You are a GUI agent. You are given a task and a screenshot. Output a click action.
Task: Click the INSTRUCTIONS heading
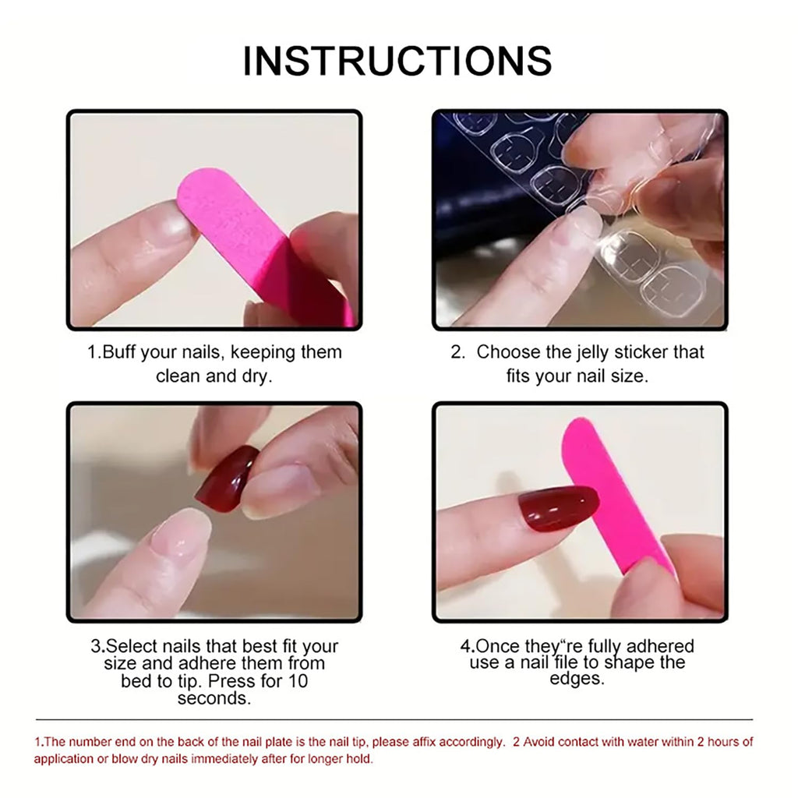[397, 61]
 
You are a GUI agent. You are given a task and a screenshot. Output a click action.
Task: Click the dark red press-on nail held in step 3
[227, 478]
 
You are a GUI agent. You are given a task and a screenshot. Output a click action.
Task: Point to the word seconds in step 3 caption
[214, 698]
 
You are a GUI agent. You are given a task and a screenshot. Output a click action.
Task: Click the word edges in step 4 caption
[577, 679]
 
